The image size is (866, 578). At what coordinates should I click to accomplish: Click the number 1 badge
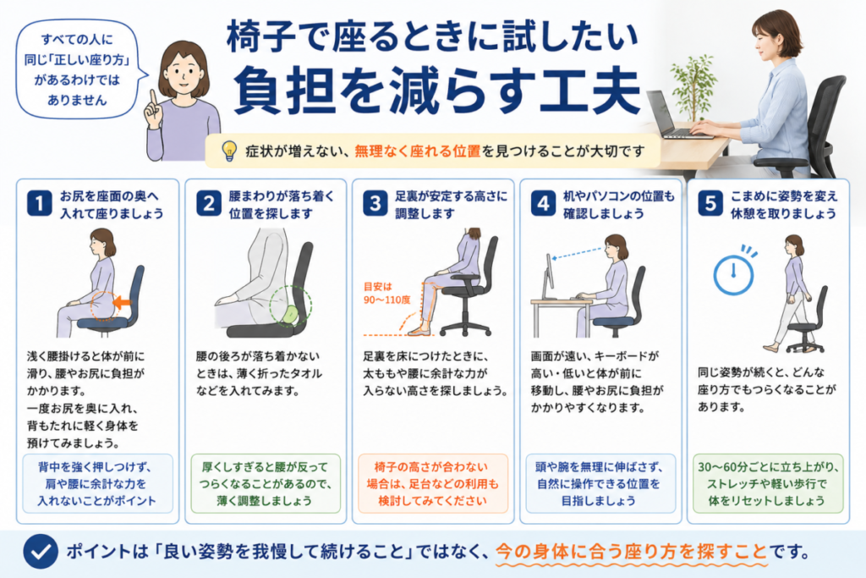pos(39,203)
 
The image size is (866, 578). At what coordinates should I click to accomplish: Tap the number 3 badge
pos(375,203)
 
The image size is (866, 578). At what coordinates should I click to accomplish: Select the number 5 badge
pos(710,203)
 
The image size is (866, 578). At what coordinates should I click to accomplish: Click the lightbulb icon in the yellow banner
pos(228,151)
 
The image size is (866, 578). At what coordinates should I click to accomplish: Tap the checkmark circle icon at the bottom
pos(41,551)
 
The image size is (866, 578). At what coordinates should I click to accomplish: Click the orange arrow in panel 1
pos(122,302)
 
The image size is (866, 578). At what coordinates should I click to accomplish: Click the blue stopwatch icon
pos(734,271)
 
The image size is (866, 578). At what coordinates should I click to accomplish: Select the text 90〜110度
pos(386,300)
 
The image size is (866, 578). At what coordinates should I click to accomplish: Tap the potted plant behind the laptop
pos(693,88)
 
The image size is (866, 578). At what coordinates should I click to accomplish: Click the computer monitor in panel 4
pos(547,276)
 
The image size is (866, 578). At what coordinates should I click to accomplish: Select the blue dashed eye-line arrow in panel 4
pos(578,254)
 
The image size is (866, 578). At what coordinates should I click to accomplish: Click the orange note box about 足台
pos(432,483)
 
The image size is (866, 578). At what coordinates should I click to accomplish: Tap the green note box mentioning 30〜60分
pos(768,483)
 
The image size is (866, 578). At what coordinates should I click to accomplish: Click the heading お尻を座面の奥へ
pos(109,195)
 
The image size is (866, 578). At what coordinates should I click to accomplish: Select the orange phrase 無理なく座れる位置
pos(418,151)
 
